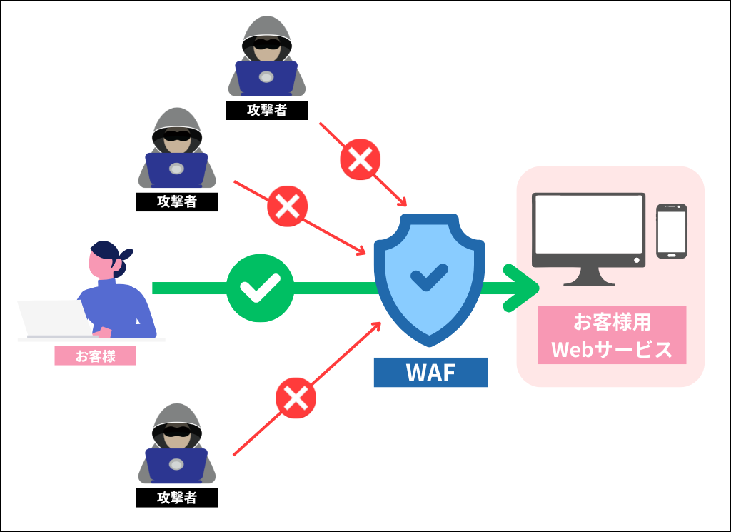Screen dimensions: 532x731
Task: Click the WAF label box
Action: (x=430, y=372)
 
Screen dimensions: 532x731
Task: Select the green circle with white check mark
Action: (x=260, y=288)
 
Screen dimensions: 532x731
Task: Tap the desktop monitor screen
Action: (x=589, y=224)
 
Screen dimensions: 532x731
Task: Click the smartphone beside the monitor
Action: (x=671, y=231)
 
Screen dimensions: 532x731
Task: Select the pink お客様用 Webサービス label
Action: (x=612, y=335)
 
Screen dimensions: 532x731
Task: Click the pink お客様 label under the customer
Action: (x=95, y=356)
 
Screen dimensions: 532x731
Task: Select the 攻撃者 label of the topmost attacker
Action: (x=266, y=110)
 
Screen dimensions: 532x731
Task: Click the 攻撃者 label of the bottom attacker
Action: (x=176, y=497)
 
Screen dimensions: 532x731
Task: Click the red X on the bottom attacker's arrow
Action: (x=296, y=398)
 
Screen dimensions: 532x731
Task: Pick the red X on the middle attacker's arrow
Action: (x=287, y=206)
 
